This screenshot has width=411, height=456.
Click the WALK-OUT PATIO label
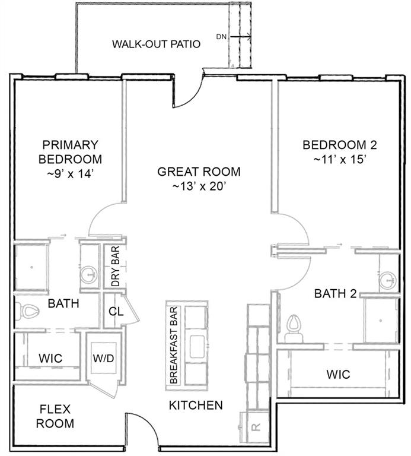[156, 44]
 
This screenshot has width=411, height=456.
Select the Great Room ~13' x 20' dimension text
[199, 186]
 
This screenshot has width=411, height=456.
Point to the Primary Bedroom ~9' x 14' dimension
[71, 174]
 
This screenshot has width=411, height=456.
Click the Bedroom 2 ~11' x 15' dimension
[340, 159]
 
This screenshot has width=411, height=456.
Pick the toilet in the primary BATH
[27, 311]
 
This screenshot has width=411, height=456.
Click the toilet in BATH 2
[294, 328]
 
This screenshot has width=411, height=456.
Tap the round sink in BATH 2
[388, 280]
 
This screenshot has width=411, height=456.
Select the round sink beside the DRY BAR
[89, 274]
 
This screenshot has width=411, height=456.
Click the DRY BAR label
[115, 266]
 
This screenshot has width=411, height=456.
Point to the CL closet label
[116, 312]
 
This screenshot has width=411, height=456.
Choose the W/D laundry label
[103, 358]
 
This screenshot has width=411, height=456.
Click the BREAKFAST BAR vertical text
[173, 346]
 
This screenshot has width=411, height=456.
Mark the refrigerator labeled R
[256, 427]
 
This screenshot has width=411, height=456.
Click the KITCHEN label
[196, 405]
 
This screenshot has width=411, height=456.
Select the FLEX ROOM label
[55, 416]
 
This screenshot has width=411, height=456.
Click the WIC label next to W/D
[50, 358]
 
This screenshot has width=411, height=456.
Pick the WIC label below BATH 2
[339, 374]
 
